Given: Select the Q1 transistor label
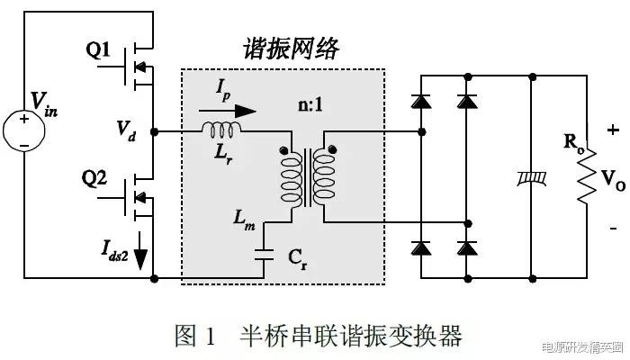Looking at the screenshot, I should pos(100,50).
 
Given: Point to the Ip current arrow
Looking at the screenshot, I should pos(235,112).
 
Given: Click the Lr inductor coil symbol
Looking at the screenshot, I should pos(220,131).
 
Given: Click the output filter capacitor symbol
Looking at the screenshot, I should pos(529,180).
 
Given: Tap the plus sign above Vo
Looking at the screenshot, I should pos(614,130).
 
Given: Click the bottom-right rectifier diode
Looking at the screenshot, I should pos(466,247).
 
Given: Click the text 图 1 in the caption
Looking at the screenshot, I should pos(194,336).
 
